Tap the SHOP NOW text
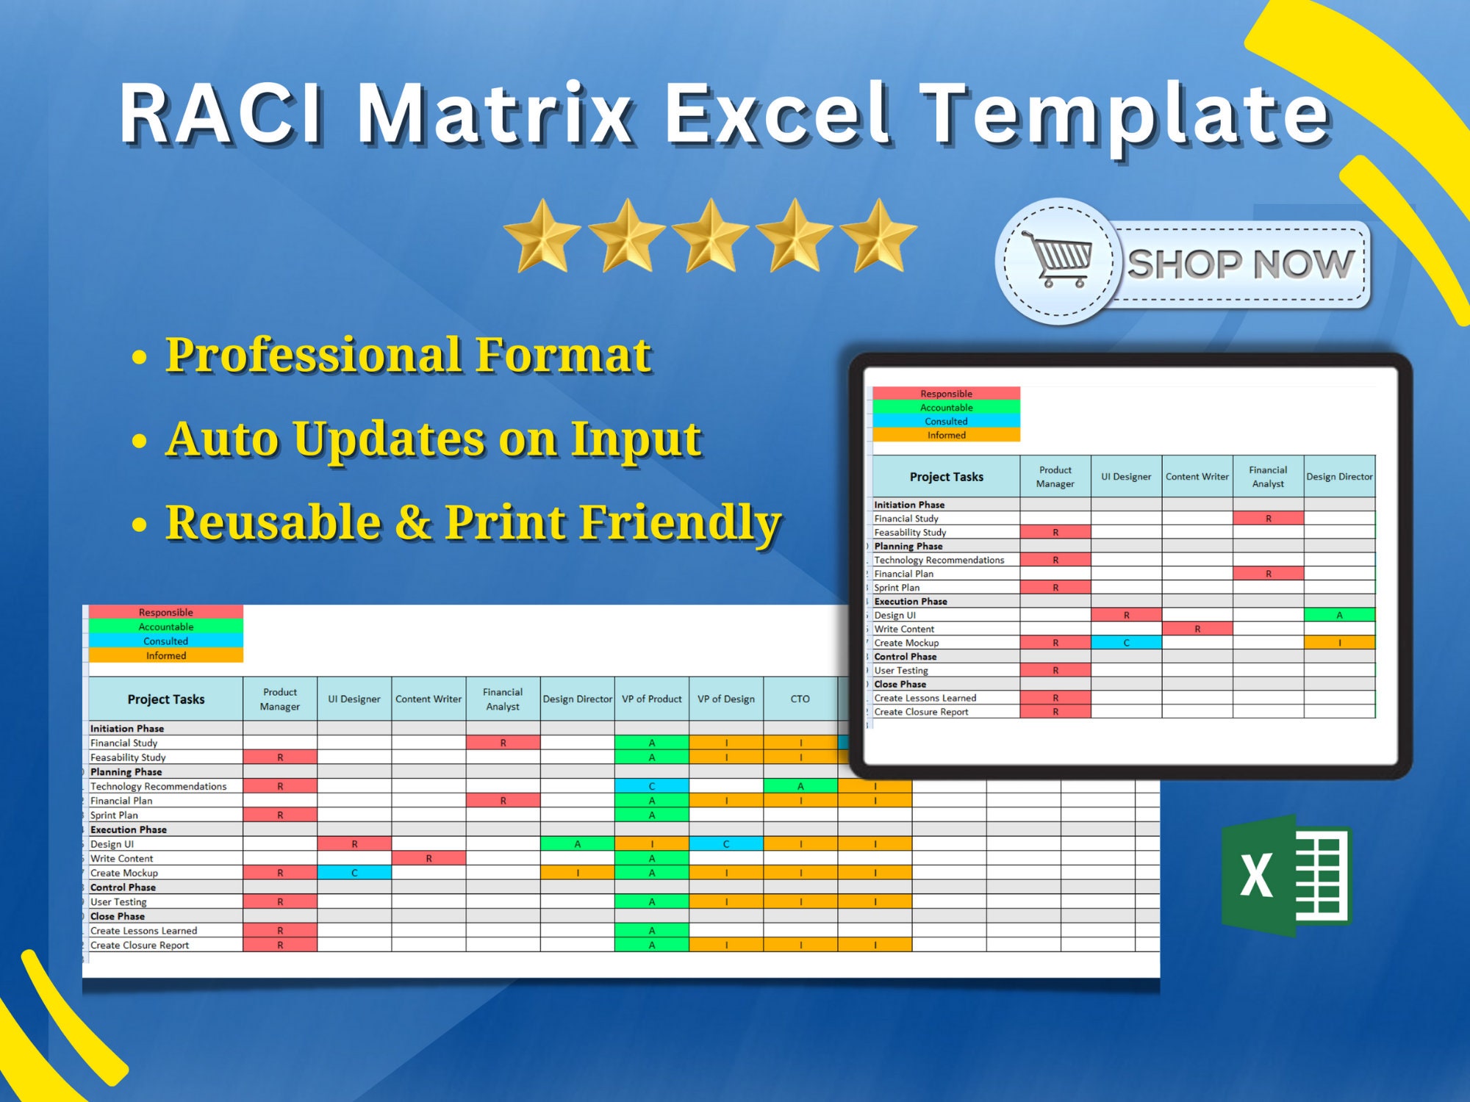[x=1241, y=264]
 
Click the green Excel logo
[x=1286, y=874]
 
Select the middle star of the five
[x=710, y=236]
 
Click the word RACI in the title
[x=221, y=114]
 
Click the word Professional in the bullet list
[x=318, y=355]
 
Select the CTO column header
[x=800, y=699]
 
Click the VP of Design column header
[x=726, y=699]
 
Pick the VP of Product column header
[x=652, y=699]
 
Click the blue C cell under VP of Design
[x=726, y=843]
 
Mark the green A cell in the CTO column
[x=800, y=786]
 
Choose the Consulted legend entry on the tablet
[x=946, y=421]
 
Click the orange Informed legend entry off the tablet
[x=166, y=655]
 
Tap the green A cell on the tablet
[x=1339, y=615]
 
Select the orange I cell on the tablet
[x=1339, y=642]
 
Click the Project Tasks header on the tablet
[x=946, y=477]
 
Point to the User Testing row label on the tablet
[x=901, y=670]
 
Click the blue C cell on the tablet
[x=1126, y=642]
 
